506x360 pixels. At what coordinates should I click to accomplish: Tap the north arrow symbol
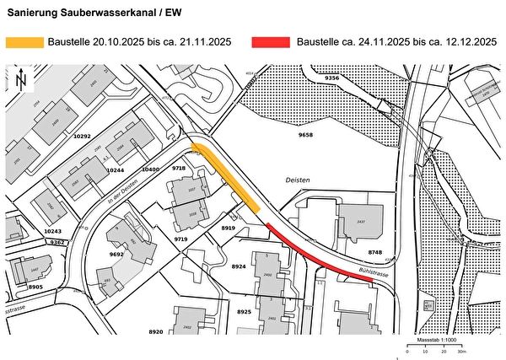coord(21,81)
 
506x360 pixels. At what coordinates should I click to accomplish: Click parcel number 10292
coord(82,136)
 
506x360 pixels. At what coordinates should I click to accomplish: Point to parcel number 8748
coord(374,252)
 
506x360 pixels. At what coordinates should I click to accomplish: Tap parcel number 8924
coord(239,266)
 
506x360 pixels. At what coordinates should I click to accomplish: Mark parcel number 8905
coord(35,287)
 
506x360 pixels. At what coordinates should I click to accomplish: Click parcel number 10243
coord(52,230)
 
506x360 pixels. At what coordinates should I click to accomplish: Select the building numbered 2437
coord(361,221)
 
